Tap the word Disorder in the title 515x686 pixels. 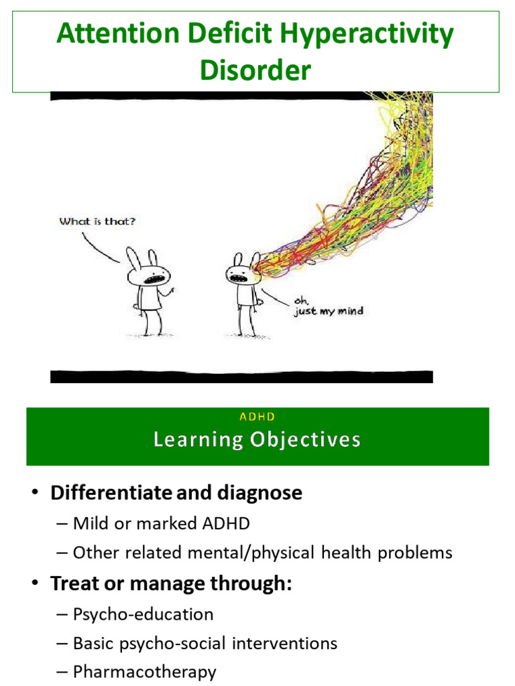point(255,70)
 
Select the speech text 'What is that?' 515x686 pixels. point(98,221)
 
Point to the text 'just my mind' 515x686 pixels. point(329,312)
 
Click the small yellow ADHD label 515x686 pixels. point(257,417)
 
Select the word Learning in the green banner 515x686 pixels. point(198,440)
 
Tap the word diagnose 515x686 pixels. point(260,493)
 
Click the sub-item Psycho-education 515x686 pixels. point(143,614)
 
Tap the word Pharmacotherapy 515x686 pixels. point(144,672)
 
